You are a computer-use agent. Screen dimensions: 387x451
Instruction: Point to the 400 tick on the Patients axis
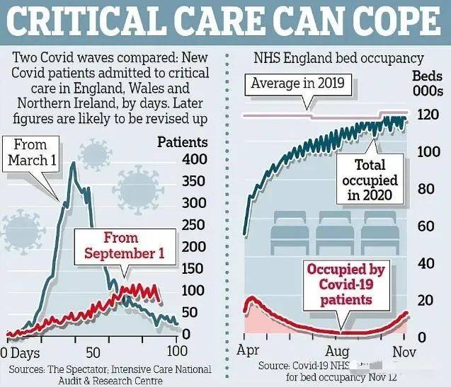click(x=195, y=159)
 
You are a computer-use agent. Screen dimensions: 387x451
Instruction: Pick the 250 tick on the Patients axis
click(x=195, y=225)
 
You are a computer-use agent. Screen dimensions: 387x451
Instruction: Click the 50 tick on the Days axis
click(x=93, y=351)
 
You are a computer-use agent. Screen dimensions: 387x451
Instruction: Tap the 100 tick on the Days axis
click(x=176, y=351)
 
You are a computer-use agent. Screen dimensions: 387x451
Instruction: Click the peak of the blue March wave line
click(x=74, y=164)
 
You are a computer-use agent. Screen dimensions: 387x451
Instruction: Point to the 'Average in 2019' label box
click(x=297, y=84)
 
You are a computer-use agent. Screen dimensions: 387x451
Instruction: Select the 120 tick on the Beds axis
click(x=426, y=115)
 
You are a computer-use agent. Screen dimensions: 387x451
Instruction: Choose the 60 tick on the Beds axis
click(x=426, y=226)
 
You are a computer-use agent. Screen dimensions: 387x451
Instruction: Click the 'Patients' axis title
click(x=183, y=142)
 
